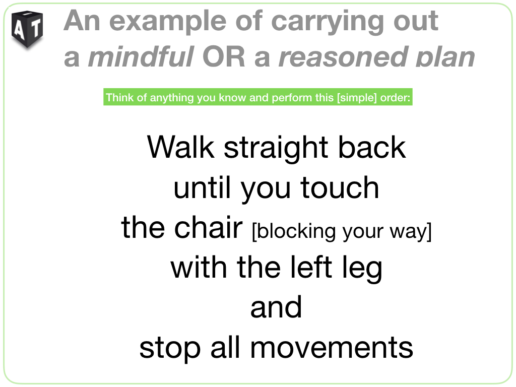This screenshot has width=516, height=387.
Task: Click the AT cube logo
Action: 27,29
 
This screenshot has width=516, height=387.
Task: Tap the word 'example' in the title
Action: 168,21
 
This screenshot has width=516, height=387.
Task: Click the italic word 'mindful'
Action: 141,56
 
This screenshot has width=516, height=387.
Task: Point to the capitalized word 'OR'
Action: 224,56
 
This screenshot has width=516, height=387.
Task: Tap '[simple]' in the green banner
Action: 357,98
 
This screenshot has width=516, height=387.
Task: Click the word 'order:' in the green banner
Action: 395,98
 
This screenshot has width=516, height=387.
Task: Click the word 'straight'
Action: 276,149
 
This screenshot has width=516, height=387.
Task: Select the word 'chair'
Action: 208,227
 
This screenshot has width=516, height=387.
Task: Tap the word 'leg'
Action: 362,269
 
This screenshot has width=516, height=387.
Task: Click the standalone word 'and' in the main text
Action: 276,307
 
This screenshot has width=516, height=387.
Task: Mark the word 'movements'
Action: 332,348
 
